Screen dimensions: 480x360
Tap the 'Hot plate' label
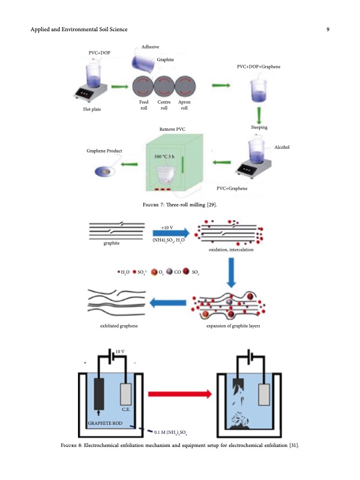(x=92, y=109)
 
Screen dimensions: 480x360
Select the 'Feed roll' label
(x=143, y=106)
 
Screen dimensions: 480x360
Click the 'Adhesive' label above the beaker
(x=151, y=47)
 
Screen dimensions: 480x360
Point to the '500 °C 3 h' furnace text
(x=164, y=157)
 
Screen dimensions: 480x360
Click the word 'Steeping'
(x=259, y=128)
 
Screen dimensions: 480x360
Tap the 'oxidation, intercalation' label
(x=231, y=250)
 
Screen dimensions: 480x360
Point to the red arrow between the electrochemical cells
(x=179, y=394)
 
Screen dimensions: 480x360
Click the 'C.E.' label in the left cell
(x=127, y=410)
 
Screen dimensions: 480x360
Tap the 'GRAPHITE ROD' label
(x=104, y=424)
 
